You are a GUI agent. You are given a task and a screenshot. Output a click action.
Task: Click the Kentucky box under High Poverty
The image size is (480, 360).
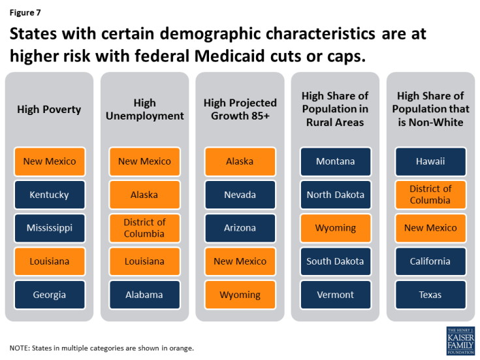[50, 195]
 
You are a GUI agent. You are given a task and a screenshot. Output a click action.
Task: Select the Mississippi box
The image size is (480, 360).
[50, 228]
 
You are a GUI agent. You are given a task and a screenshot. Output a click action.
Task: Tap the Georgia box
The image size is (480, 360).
[50, 295]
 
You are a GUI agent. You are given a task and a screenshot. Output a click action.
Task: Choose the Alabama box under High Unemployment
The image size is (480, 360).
[144, 295]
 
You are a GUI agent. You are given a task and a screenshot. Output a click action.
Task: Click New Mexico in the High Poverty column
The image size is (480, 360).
[50, 161]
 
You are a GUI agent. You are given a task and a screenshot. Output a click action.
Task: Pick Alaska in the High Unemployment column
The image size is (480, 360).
[144, 195]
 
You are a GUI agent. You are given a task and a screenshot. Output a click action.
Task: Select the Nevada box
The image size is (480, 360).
[240, 195]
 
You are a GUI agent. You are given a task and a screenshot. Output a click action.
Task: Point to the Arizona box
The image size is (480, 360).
[240, 228]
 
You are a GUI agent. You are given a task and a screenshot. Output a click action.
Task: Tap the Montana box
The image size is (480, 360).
[335, 161]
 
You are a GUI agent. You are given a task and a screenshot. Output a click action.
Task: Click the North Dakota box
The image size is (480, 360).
[335, 195]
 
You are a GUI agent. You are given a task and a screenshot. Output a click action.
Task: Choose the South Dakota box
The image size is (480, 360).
[335, 261]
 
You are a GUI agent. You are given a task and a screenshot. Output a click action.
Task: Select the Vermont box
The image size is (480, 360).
[335, 295]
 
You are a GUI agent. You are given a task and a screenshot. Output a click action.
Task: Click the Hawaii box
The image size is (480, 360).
[430, 161]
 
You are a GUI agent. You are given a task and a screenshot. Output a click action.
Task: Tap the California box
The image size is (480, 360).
[430, 261]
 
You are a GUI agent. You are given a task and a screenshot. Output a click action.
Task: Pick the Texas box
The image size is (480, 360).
[430, 295]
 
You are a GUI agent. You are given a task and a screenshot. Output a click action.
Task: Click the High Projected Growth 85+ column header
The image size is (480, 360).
[240, 109]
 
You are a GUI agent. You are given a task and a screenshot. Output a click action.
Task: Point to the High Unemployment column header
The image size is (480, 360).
[144, 109]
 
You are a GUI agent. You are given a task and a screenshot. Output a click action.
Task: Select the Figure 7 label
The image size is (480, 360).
[24, 12]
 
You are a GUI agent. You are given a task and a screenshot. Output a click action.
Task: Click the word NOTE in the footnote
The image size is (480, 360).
[20, 348]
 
